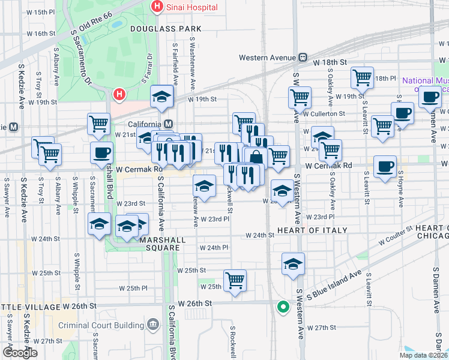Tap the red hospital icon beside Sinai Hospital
(x=157, y=7)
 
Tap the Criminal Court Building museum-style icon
(x=153, y=325)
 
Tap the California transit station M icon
(x=169, y=124)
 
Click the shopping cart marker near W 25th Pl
(x=235, y=280)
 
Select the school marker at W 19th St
(x=161, y=96)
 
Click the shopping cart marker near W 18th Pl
(x=362, y=77)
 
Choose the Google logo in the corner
(x=20, y=353)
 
